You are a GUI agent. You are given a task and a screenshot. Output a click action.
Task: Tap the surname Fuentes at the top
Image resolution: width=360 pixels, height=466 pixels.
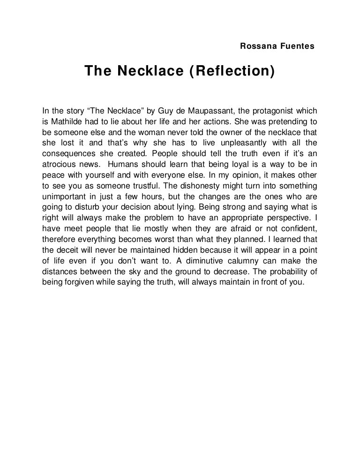click(297, 46)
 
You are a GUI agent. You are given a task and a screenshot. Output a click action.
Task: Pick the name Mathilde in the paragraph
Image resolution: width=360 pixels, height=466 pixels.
click(66, 121)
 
